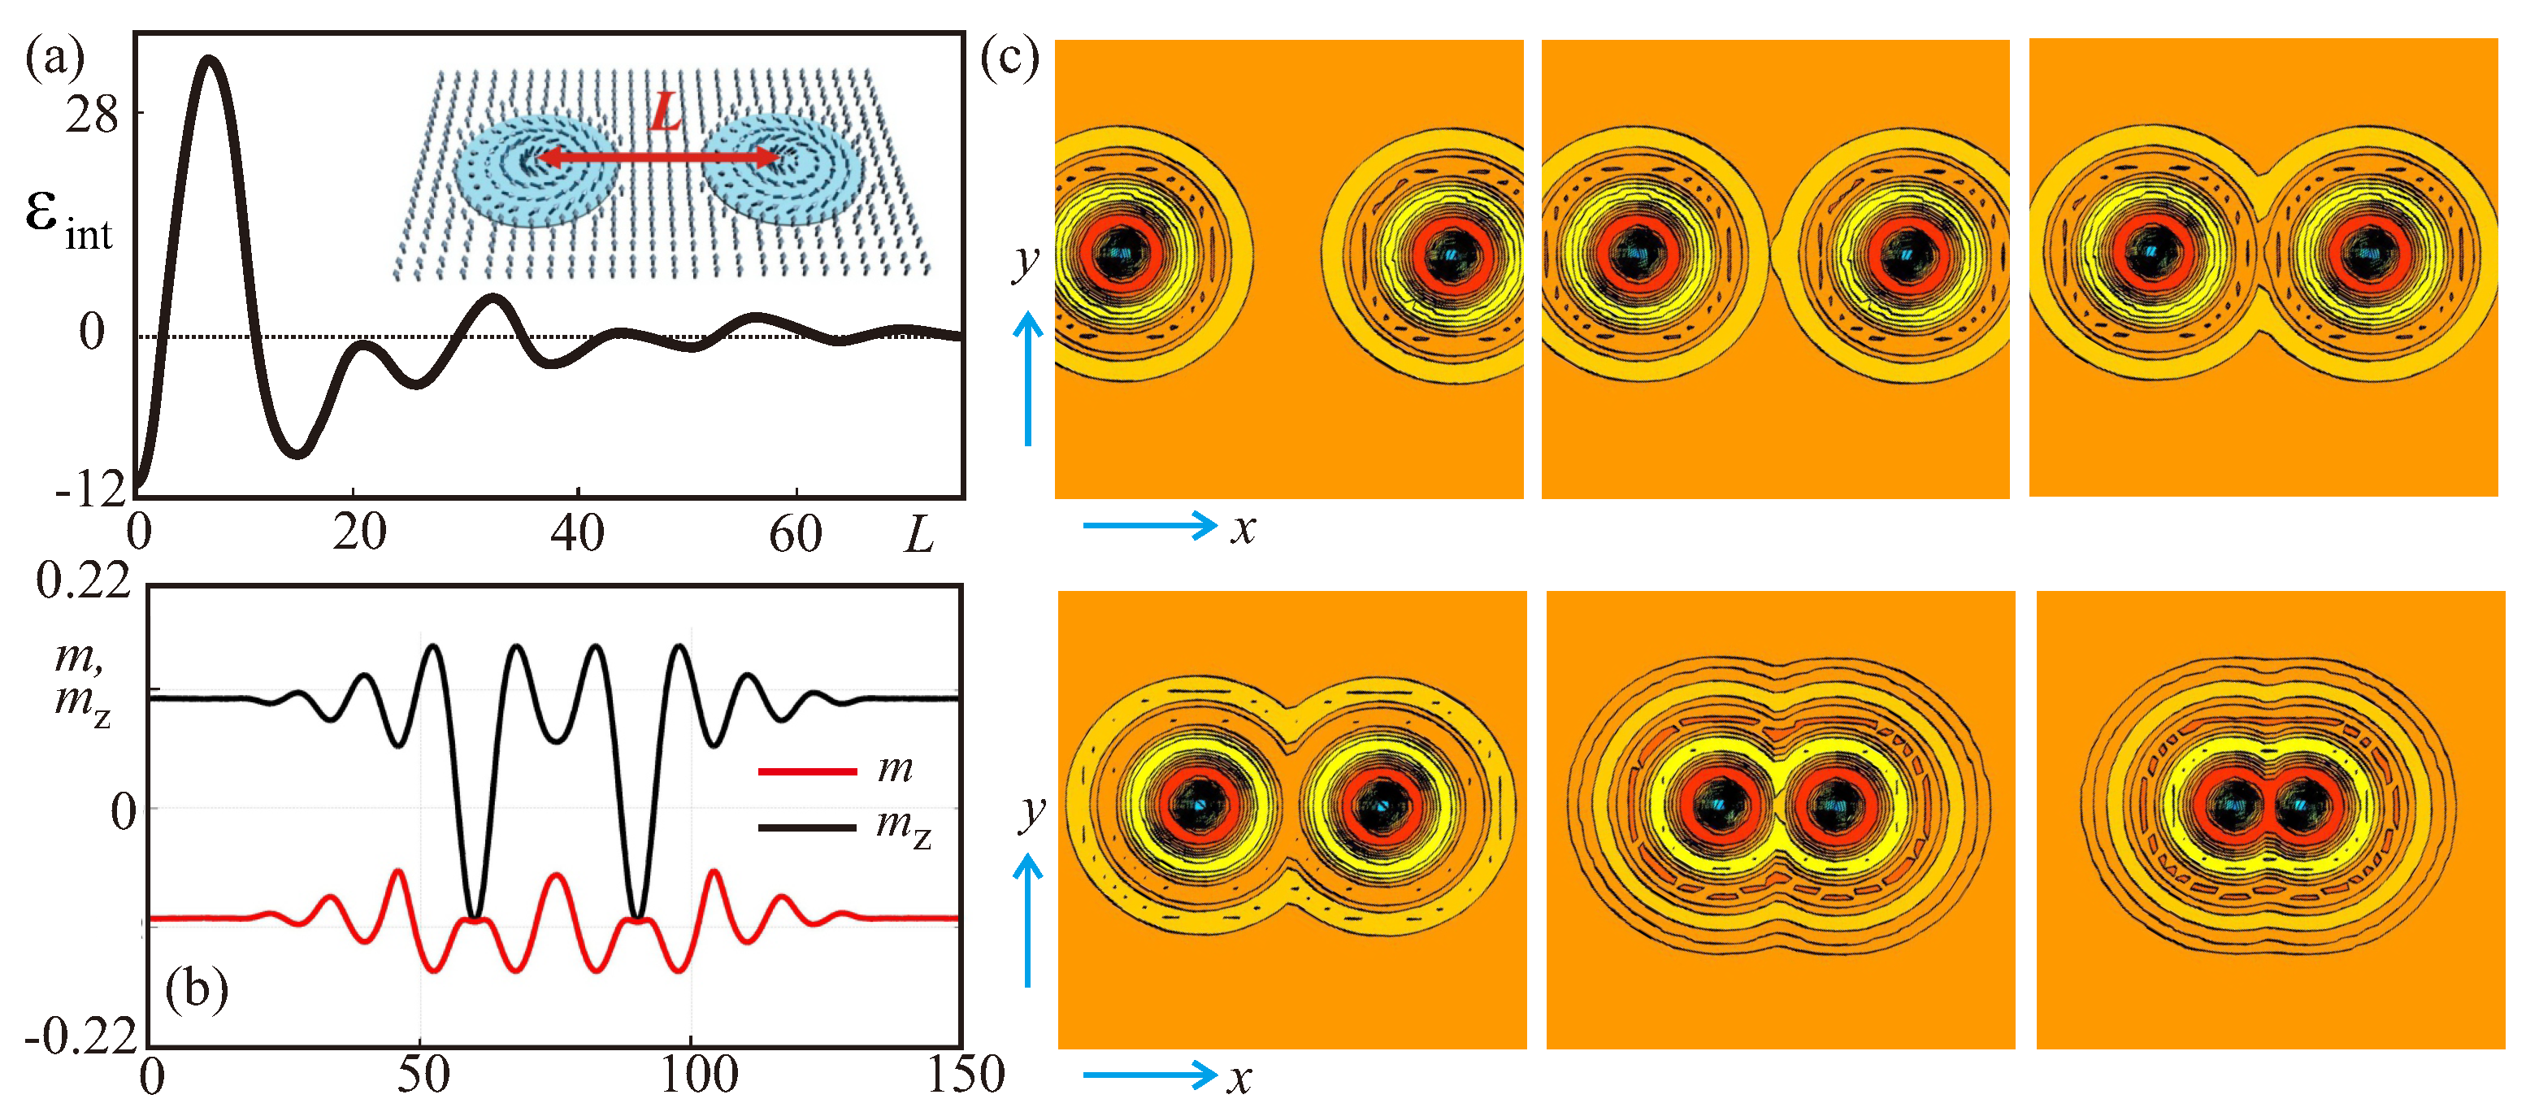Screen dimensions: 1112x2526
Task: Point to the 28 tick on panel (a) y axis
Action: [x=91, y=115]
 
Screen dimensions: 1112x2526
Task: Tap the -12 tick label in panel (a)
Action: [x=91, y=489]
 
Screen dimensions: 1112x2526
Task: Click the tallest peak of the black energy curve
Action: [x=208, y=61]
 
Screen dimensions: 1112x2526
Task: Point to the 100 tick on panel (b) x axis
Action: [x=698, y=1075]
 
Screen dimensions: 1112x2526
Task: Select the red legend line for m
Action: [x=807, y=771]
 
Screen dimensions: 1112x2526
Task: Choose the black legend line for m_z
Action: [x=807, y=827]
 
